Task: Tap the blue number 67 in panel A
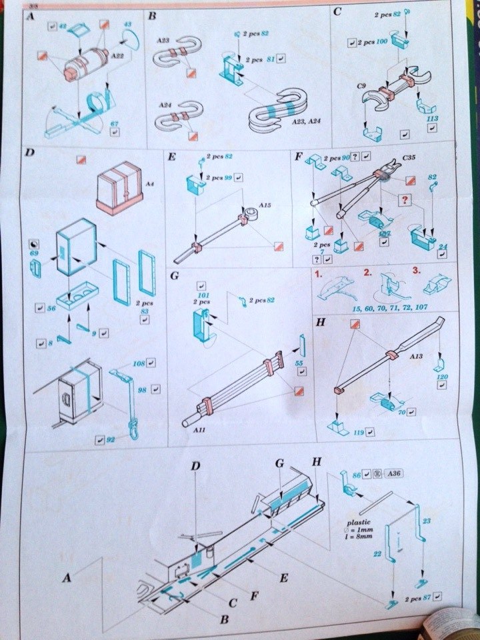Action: (114, 123)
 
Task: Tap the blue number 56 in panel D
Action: (50, 309)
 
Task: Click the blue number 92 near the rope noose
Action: (111, 439)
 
